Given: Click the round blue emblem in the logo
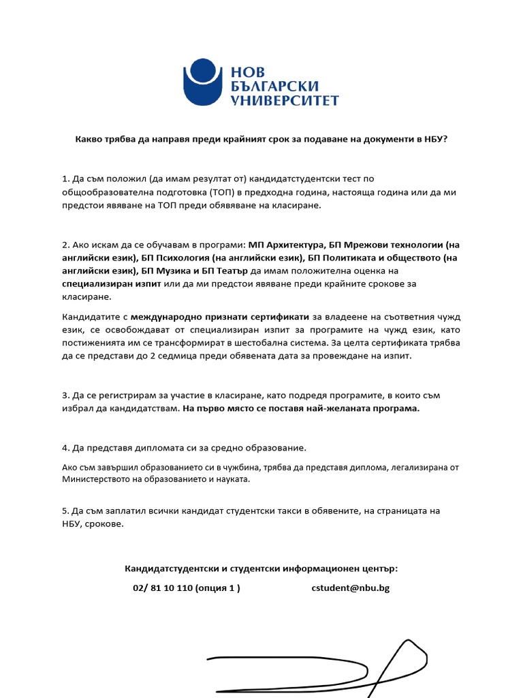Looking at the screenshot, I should (204, 81).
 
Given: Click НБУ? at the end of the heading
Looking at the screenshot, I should (435, 139).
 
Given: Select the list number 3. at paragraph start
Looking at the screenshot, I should (66, 395).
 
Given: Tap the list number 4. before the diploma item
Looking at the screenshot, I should (66, 448).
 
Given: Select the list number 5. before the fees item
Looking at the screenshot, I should (66, 511).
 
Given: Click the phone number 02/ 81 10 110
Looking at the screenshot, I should (163, 588).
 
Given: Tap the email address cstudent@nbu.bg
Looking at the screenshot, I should (350, 588).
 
